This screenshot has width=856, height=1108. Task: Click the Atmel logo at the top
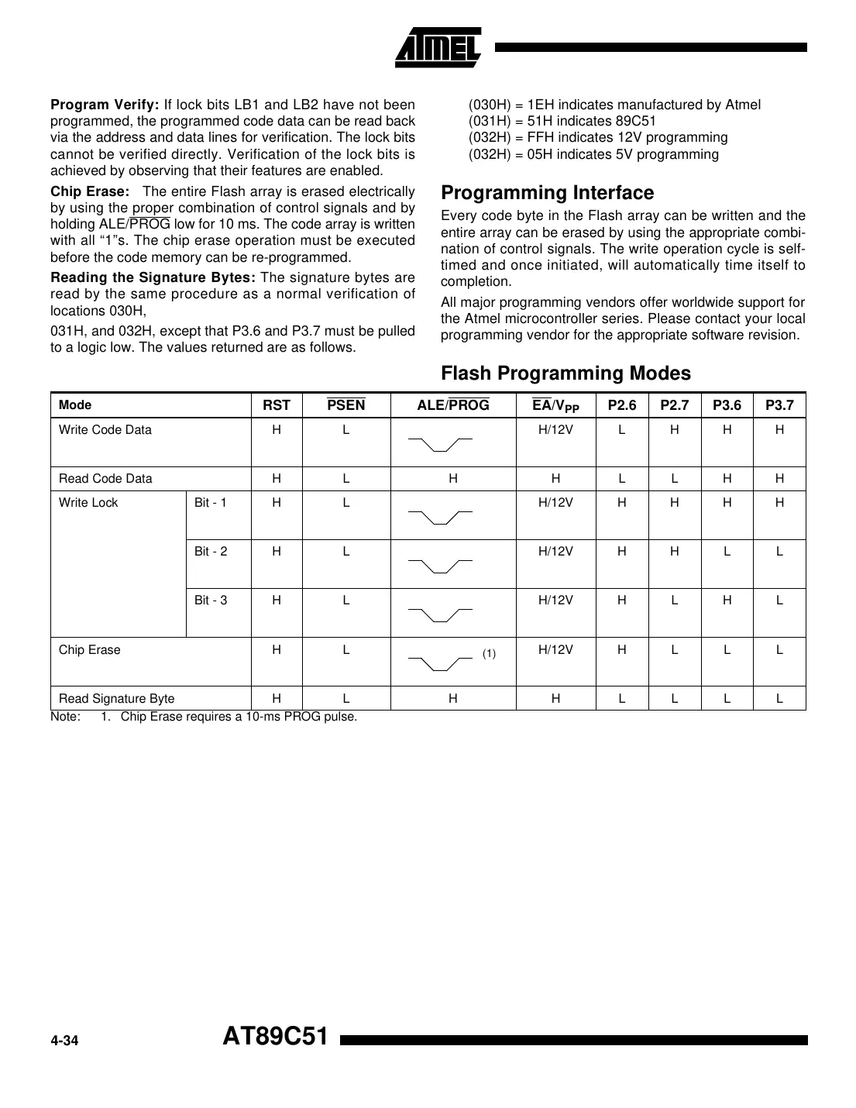(438, 48)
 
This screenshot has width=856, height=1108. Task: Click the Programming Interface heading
(547, 193)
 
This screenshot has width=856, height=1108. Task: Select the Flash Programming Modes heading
(566, 373)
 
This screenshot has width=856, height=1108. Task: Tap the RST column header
(277, 405)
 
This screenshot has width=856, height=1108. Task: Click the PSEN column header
(346, 405)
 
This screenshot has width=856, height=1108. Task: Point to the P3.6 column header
(727, 405)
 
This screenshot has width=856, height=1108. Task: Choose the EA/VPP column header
(555, 405)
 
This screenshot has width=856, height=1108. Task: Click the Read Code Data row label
(105, 479)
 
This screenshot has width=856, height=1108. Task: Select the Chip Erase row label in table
(90, 650)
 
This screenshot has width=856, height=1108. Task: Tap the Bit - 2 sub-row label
(211, 552)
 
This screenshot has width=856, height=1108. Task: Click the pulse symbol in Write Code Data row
(440, 444)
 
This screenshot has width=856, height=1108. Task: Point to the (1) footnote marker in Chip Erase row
(489, 654)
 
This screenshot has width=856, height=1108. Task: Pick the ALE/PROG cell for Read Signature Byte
(452, 699)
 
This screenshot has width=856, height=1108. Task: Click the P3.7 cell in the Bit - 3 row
(779, 600)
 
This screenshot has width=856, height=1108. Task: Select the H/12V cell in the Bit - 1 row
(555, 503)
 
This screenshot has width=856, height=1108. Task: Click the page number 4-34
(65, 1041)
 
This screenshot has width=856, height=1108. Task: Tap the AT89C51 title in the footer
(276, 1037)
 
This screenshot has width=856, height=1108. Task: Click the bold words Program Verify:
(105, 105)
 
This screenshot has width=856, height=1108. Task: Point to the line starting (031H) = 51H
(562, 121)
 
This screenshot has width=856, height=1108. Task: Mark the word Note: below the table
(65, 717)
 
